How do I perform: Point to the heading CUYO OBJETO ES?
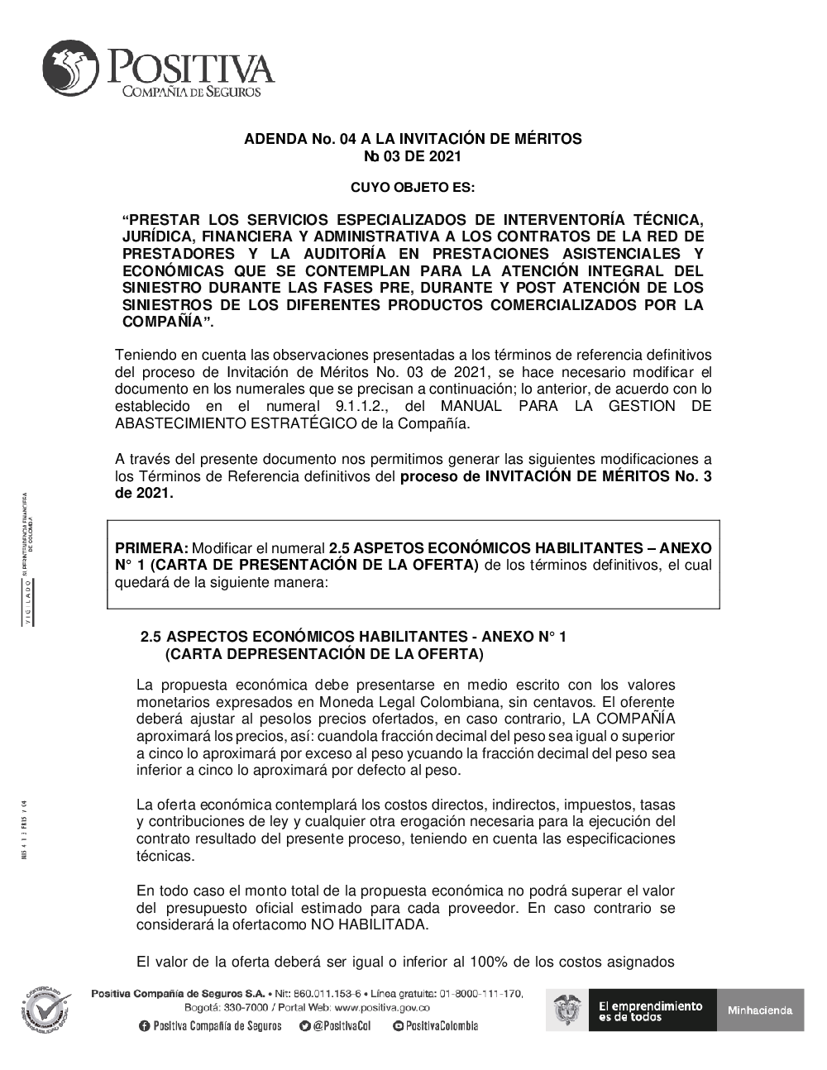tap(413, 187)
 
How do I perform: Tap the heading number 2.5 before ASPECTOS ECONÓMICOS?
tap(151, 637)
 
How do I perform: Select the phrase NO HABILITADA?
tap(370, 924)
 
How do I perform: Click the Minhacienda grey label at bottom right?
tap(760, 1010)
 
